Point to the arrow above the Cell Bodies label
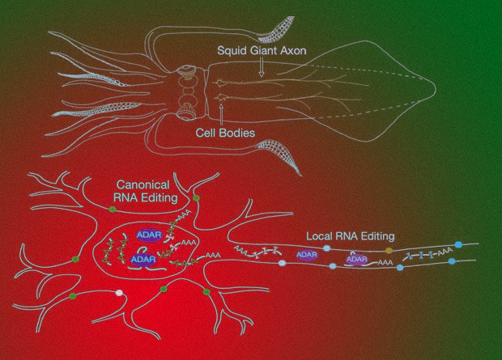221,116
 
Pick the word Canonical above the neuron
143,184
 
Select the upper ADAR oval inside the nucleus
150,235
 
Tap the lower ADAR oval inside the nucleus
143,259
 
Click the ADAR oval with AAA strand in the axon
356,259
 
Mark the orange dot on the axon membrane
389,250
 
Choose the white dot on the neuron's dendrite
119,293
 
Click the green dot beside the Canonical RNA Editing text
196,198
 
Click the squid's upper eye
187,72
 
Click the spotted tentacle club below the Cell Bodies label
279,153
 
